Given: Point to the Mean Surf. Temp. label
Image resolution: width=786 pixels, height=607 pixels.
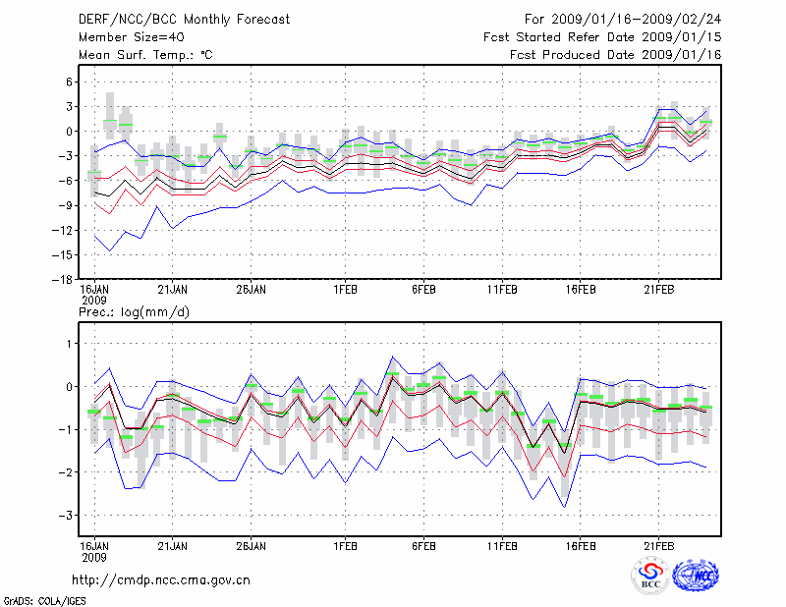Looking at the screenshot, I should (145, 54).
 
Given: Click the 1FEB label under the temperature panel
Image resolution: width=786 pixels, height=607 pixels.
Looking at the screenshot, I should (346, 290).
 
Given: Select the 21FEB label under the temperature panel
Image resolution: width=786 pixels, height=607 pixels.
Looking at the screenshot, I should (659, 290).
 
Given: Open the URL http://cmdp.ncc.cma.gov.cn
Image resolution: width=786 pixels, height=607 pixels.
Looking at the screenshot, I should (162, 580).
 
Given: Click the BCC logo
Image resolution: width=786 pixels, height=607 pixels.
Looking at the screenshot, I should (650, 577).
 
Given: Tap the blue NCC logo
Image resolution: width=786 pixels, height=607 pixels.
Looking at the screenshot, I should (696, 577).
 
